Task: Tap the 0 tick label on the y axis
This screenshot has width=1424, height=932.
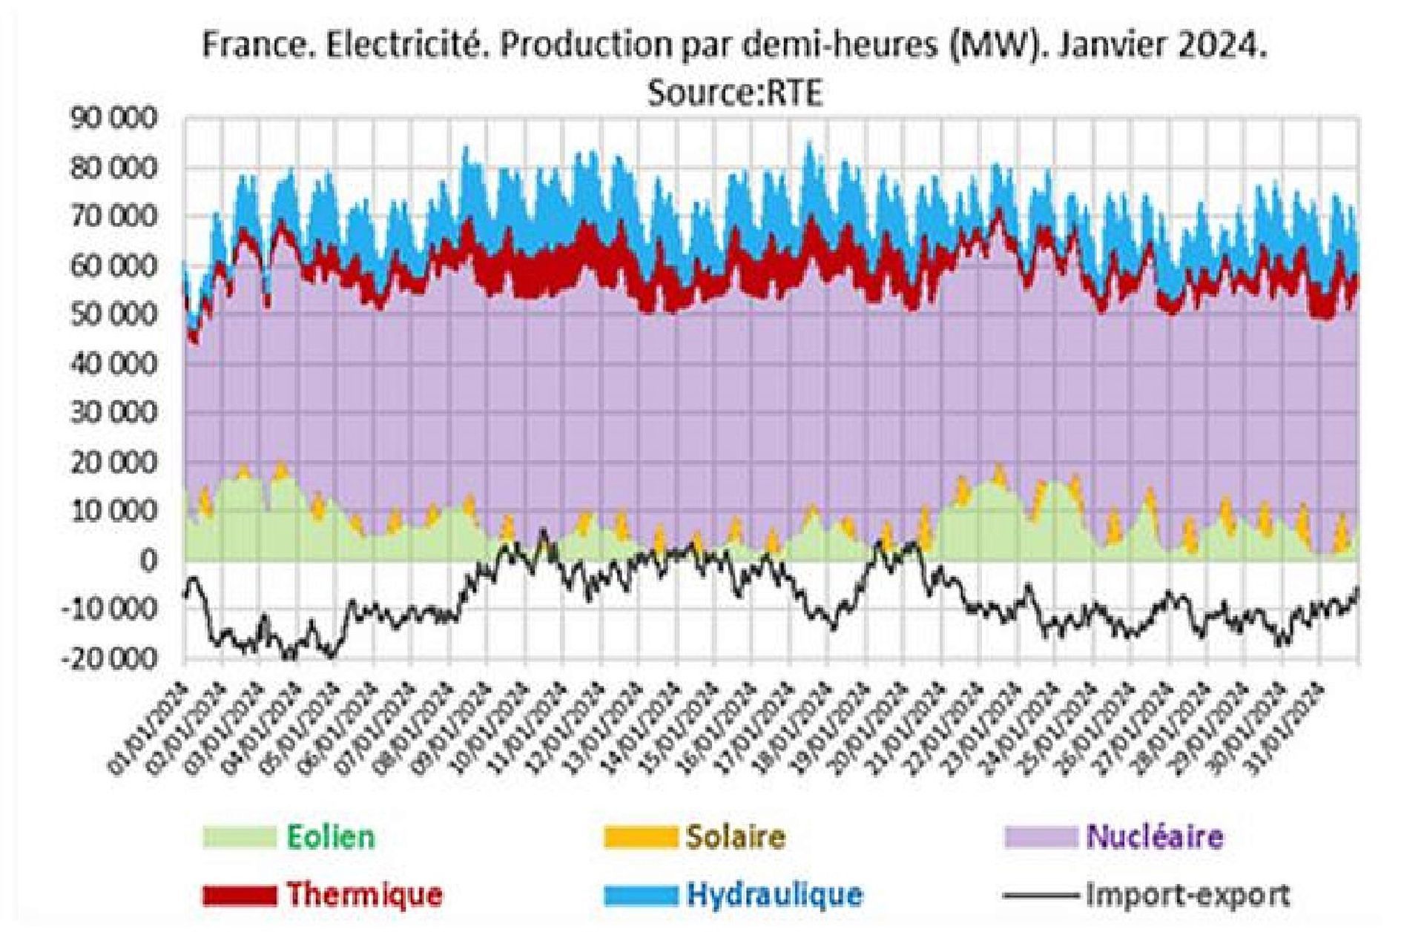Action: tap(148, 561)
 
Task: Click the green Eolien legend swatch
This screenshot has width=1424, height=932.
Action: tap(240, 837)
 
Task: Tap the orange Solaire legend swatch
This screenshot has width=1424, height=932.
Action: tap(640, 837)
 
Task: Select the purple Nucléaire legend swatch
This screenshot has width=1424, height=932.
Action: tap(1041, 837)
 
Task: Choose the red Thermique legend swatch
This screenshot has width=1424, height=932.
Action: tap(240, 895)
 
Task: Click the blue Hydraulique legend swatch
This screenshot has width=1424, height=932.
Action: tap(640, 895)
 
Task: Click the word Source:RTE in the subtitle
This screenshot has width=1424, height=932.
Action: tap(735, 94)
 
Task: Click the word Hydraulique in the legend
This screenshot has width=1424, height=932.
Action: tap(774, 894)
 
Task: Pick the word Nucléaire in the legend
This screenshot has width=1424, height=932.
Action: tap(1155, 837)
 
